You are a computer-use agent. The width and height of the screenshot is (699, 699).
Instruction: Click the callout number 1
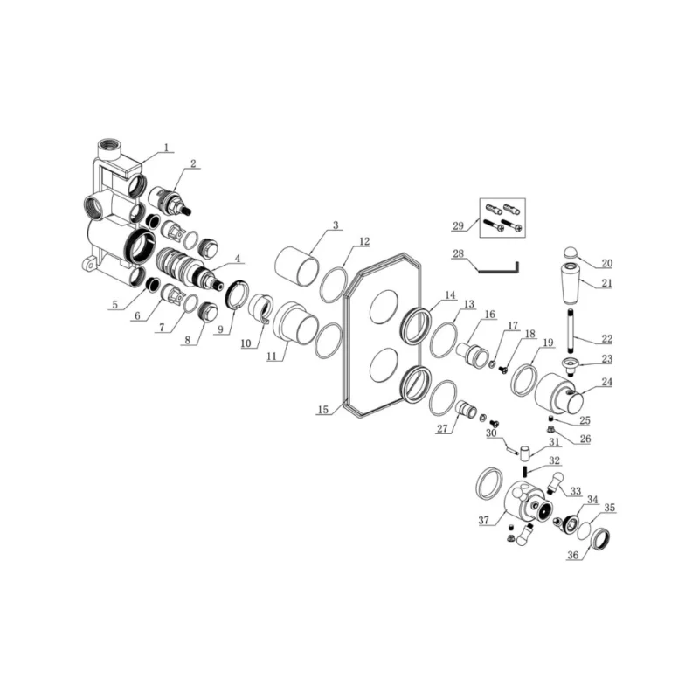click(x=166, y=148)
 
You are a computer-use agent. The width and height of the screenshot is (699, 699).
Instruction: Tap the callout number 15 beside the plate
click(x=322, y=409)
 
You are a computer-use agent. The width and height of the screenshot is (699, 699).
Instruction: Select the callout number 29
click(x=458, y=225)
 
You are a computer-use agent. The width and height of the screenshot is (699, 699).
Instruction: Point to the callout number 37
click(x=484, y=520)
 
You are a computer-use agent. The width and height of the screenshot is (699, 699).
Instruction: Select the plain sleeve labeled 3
click(x=297, y=266)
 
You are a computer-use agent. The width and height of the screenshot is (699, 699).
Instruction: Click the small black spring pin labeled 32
click(x=526, y=471)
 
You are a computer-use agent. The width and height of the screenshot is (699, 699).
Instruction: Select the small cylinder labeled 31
click(x=525, y=452)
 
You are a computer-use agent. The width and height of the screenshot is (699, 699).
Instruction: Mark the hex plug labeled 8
click(x=207, y=312)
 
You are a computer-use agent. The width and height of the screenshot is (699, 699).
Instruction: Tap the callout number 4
click(x=238, y=259)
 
